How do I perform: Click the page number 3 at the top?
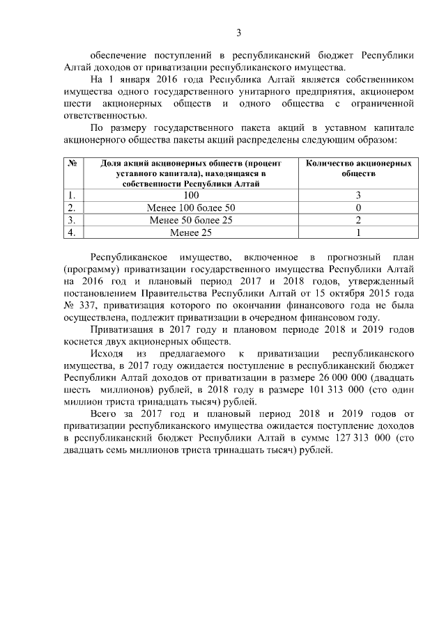239,32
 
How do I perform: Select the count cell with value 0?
357,208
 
